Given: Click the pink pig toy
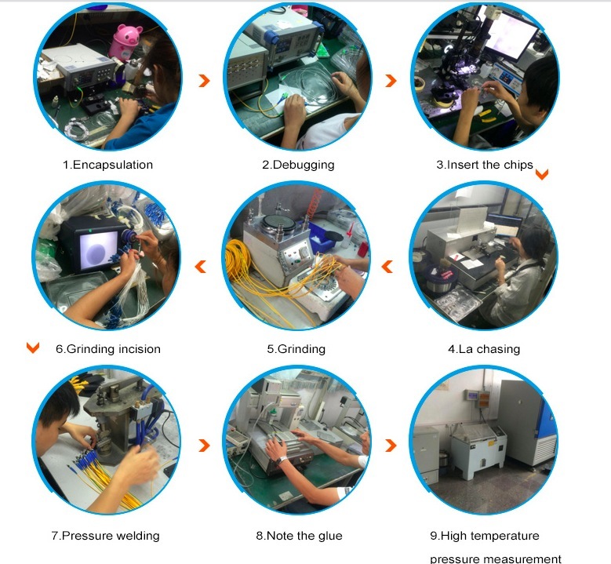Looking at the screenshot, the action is tap(125, 42).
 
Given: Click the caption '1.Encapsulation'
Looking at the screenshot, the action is tap(108, 165).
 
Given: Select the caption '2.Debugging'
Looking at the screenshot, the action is tap(298, 165).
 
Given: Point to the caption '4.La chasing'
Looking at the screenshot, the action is tap(484, 349).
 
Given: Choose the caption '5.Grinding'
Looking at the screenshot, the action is tap(296, 349).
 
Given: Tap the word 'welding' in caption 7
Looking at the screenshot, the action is tap(138, 536).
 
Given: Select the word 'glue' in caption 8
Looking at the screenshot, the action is tap(330, 536).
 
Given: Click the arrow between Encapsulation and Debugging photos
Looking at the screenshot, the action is tap(204, 81).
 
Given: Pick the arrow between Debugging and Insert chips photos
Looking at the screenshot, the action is tap(391, 81).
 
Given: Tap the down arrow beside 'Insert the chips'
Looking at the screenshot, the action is tap(542, 174).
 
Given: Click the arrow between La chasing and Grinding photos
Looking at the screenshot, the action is tap(387, 267).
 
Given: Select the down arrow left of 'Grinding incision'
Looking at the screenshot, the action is tap(33, 347).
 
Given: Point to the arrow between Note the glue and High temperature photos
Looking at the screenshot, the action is tap(391, 445).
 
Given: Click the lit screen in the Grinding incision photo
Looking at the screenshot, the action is tap(99, 250).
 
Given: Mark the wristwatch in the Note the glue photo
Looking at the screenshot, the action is tap(281, 460).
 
